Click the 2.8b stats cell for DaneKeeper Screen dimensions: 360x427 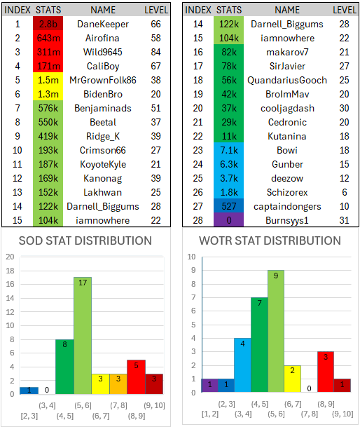48,24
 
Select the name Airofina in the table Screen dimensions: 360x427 102,38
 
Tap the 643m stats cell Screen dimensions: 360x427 48,38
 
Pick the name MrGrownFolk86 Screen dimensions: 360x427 102,80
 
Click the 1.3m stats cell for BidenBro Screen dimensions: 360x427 48,94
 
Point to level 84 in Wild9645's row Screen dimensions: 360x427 155,52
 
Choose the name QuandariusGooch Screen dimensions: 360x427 287,81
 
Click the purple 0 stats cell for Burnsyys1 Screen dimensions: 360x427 228,220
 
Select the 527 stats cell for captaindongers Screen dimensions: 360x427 228,206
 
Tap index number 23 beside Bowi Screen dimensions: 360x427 198,150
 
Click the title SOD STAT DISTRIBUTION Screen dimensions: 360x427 85,240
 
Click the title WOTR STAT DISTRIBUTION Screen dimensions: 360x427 270,240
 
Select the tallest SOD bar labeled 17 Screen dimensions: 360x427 83,335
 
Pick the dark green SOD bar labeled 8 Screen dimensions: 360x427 64,367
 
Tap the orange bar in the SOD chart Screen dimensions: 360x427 118,384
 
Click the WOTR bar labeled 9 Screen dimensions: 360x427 276,331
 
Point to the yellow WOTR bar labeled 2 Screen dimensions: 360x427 293,379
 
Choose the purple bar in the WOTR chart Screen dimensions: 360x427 210,386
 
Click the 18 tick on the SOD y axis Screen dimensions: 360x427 10,271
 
